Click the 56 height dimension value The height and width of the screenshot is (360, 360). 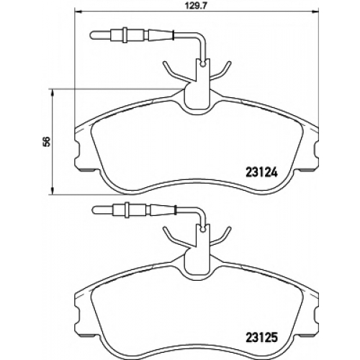click(46, 141)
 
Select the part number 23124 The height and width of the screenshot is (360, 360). click(261, 172)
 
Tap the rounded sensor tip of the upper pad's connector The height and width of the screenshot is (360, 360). click(93, 35)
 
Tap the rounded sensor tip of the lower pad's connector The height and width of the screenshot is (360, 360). click(94, 210)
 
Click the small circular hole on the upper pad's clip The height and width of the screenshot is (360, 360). click(204, 64)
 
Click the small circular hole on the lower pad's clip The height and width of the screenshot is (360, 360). click(204, 230)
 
